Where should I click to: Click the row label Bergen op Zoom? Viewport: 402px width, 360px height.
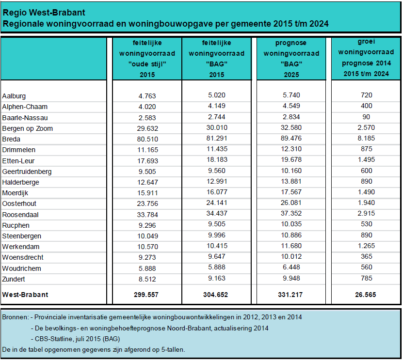[28, 128]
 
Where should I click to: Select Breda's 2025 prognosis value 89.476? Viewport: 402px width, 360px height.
[291, 139]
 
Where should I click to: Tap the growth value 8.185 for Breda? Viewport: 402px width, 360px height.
[366, 139]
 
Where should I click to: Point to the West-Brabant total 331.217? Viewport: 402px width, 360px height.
[290, 295]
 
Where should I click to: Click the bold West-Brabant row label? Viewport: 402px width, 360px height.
[25, 295]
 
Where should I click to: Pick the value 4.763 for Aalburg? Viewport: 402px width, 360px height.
[147, 96]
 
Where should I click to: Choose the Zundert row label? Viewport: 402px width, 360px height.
[14, 279]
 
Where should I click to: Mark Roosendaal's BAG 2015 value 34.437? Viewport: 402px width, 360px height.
[217, 213]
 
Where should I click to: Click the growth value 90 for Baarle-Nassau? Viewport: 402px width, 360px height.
[366, 117]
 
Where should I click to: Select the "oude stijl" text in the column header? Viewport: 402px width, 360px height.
[147, 64]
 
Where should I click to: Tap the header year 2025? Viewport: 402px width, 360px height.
[291, 75]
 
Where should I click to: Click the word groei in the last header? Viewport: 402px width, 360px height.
[367, 42]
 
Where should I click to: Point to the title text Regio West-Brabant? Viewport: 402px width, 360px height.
[44, 13]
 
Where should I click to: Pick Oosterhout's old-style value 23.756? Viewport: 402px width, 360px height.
[147, 203]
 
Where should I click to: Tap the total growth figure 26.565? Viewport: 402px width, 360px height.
[365, 295]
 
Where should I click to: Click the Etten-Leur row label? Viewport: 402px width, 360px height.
[18, 161]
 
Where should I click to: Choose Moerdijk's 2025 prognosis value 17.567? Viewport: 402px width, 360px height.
[291, 192]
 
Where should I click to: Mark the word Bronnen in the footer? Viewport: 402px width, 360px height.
[15, 317]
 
